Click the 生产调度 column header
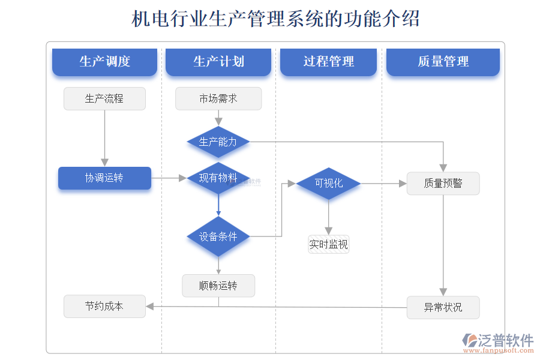[x=104, y=62]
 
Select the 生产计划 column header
[x=218, y=62]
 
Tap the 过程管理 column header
[x=328, y=62]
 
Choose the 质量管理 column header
[x=443, y=62]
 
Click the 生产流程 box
[x=104, y=98]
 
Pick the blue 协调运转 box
[x=104, y=178]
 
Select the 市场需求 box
[x=218, y=98]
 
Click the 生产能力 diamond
[x=218, y=142]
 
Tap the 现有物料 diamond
[x=218, y=178]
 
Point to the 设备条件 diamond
[x=218, y=236]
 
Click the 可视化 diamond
[x=329, y=184]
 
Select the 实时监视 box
[x=328, y=244]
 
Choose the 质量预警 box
[x=443, y=184]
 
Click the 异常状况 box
[x=443, y=307]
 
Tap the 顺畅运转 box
[x=218, y=286]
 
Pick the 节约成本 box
[x=104, y=306]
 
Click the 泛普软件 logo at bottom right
[x=497, y=341]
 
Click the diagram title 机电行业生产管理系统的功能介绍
[x=275, y=19]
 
